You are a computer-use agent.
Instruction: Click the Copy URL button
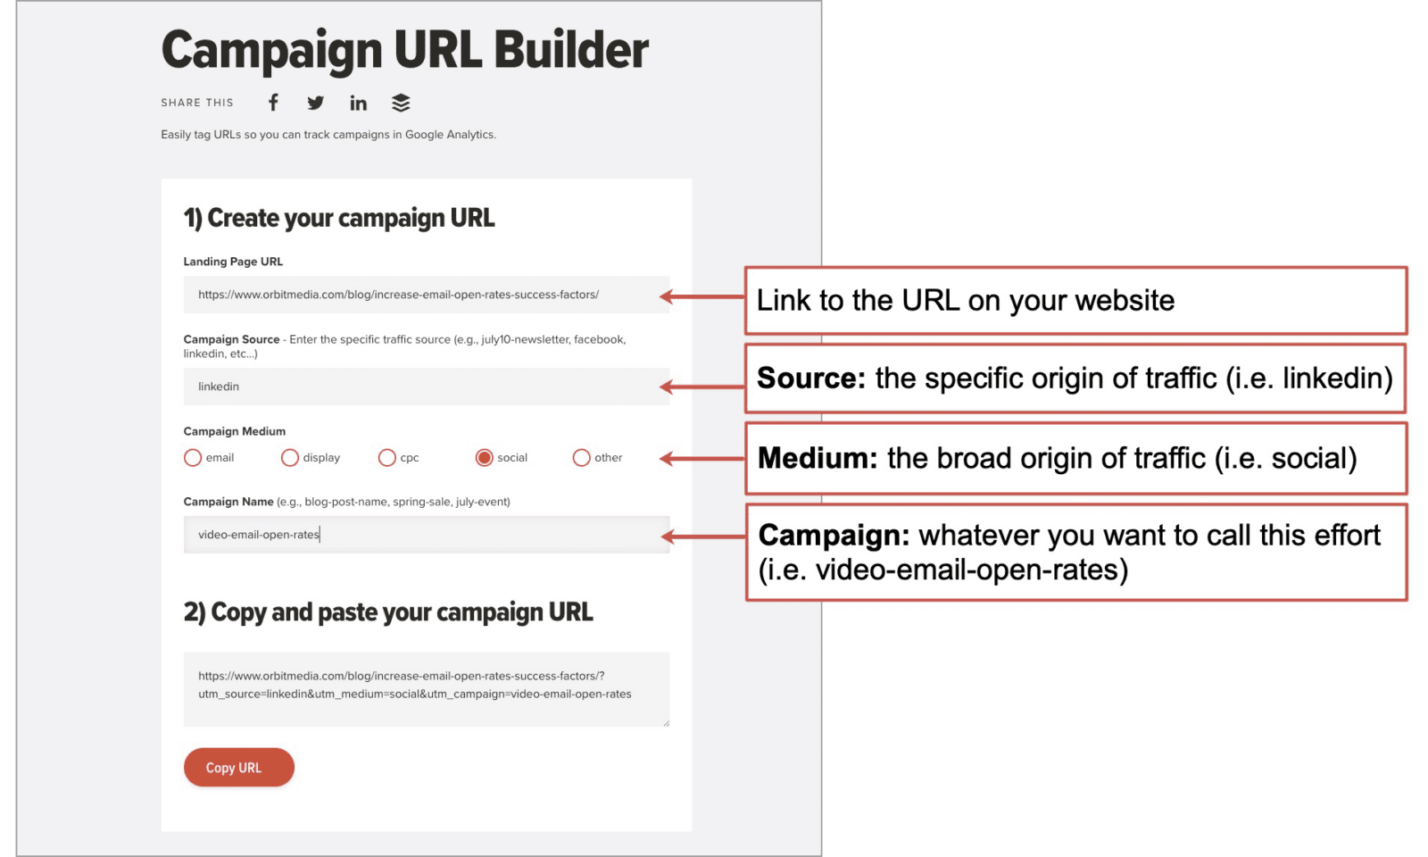coord(239,767)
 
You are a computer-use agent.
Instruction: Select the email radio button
coord(193,458)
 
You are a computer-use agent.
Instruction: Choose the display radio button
coord(289,458)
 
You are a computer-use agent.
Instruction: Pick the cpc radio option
coord(387,458)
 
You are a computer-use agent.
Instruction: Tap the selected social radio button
coord(484,458)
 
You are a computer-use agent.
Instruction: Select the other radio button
coord(581,458)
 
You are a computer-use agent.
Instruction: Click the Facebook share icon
coord(273,103)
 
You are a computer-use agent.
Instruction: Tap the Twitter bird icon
coord(316,103)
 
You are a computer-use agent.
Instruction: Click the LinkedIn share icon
coord(358,103)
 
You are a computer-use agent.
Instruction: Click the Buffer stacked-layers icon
coord(401,103)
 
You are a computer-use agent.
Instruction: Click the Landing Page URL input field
coord(427,295)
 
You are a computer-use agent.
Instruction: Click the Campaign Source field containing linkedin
coord(427,387)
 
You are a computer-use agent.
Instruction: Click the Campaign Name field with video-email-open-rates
coord(427,535)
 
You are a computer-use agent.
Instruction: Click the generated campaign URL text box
coord(427,689)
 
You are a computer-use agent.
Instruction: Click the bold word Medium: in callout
coord(818,458)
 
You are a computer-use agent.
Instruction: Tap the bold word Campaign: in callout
coord(834,536)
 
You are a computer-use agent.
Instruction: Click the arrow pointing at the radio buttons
coord(702,459)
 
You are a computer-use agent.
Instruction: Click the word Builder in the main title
coord(570,50)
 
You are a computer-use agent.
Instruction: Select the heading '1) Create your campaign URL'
coord(339,218)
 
